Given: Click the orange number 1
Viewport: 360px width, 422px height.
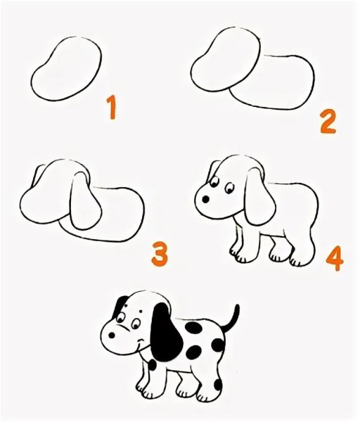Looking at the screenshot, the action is [112, 108].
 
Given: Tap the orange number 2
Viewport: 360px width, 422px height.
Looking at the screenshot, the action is [328, 122].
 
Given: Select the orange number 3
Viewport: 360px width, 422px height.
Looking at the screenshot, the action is [160, 253].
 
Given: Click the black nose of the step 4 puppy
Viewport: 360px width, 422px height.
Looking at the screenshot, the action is [206, 200].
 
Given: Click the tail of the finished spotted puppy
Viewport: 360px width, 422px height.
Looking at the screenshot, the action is [232, 319].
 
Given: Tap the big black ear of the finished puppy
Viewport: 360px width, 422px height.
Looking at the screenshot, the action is [166, 333].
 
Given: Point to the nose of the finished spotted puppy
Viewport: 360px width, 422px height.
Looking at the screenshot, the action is [111, 335].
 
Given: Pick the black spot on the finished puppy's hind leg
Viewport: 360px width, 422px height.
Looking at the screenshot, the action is [218, 384].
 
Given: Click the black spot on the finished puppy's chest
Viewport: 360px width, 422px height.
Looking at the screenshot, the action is [153, 365].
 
